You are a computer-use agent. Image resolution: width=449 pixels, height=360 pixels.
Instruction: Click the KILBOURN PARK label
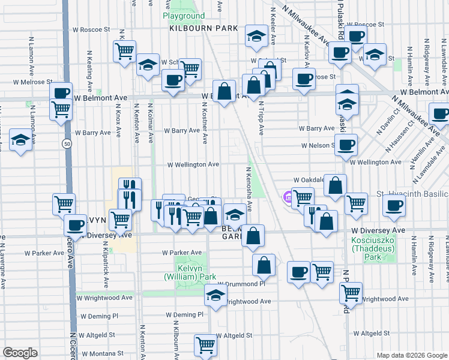coord(203,28)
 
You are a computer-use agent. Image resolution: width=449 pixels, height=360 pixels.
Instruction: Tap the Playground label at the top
coord(184,16)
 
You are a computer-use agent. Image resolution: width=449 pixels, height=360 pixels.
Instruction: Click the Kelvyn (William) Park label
coord(190,272)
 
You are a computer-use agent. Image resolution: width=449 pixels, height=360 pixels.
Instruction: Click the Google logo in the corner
coord(20,352)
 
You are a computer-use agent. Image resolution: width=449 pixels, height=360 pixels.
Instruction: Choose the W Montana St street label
coord(95,353)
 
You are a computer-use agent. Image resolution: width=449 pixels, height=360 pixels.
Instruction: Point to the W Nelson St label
coord(318,145)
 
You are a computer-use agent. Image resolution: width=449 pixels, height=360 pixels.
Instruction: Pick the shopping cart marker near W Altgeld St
coord(205,345)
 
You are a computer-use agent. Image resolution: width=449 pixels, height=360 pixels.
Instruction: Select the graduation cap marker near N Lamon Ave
coord(21,142)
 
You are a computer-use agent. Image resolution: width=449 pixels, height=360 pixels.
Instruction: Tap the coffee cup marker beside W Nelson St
coord(346,144)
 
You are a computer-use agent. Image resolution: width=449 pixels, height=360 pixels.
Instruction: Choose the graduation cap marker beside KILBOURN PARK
coord(256,37)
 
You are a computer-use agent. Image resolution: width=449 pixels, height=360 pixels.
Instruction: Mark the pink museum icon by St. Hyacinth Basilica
coord(288,196)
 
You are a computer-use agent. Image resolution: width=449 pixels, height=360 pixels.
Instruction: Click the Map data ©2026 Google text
coord(411,355)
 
